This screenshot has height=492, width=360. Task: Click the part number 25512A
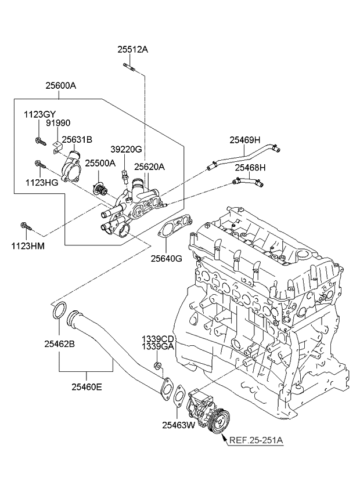tap(133, 50)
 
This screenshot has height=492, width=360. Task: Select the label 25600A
tap(61, 86)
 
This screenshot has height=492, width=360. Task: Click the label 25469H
tap(244, 139)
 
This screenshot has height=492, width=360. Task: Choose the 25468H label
tap(250, 167)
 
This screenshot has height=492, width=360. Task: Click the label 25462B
tap(59, 344)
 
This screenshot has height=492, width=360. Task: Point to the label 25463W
tap(178, 425)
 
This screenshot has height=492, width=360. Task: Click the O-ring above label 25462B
tap(59, 310)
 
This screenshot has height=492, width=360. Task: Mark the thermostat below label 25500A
tap(102, 189)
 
